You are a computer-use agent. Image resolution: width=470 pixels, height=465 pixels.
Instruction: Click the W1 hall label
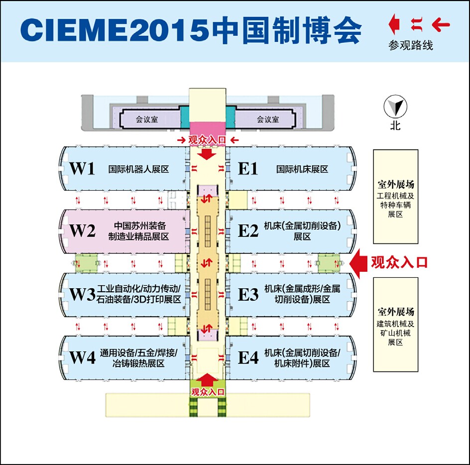(82, 169)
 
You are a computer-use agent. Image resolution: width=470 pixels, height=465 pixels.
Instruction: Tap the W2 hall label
(82, 231)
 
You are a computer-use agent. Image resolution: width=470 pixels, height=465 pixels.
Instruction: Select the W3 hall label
(82, 295)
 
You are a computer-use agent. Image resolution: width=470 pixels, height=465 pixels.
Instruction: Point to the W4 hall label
(82, 357)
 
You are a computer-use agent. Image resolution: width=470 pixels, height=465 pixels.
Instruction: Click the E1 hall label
(248, 169)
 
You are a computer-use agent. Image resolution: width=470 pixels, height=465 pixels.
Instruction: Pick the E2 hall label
(248, 231)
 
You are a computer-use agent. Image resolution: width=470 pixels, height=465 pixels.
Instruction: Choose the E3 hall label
(248, 295)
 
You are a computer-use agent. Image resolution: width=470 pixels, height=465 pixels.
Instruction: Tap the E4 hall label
(248, 357)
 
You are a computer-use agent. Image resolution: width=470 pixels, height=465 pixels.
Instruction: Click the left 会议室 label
(147, 119)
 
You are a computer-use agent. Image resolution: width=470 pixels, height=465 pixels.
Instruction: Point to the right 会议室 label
(268, 119)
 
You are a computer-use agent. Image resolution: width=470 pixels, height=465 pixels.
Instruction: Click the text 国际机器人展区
(139, 169)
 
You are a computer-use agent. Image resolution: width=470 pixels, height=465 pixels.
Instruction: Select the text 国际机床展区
(302, 169)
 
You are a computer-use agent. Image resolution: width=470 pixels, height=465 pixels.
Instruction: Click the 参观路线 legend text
(411, 46)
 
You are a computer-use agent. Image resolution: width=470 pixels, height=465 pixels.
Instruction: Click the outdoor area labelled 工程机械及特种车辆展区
(396, 196)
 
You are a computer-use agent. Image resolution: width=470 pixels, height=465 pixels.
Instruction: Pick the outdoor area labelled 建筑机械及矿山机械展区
(396, 325)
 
